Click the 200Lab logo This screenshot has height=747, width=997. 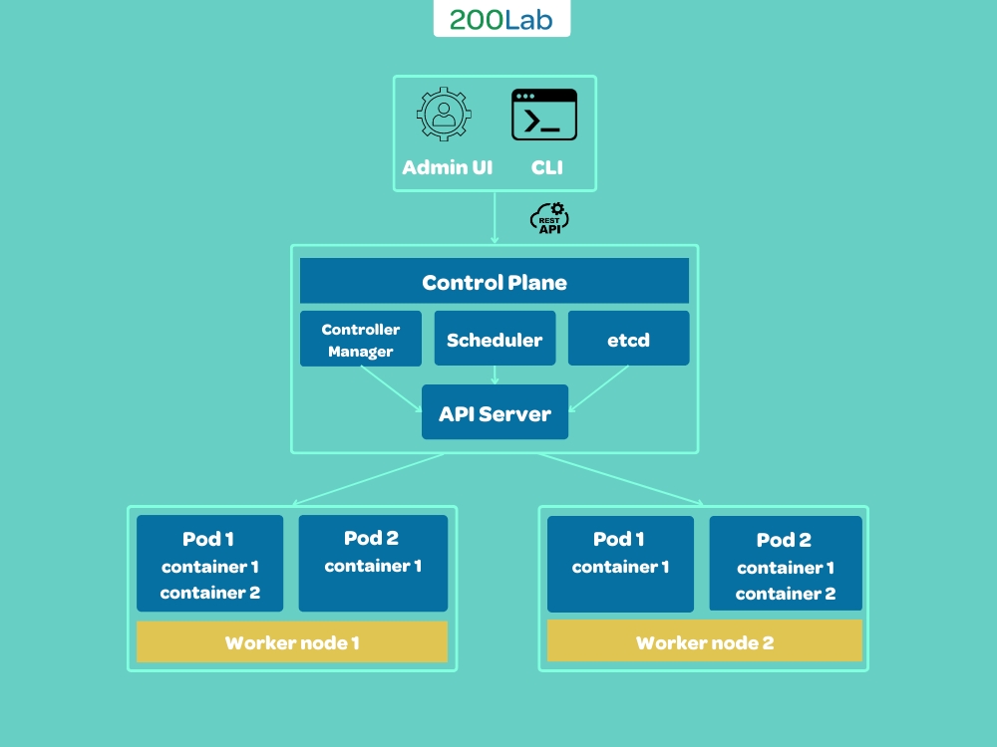[x=501, y=20]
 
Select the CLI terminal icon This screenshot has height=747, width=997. [x=544, y=116]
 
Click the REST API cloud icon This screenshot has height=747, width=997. [x=548, y=218]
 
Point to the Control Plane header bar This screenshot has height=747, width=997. [x=495, y=282]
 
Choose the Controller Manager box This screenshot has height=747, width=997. [x=361, y=340]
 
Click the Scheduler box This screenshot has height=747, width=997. [x=495, y=340]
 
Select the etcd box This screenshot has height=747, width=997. [x=628, y=340]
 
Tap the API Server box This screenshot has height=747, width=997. [x=495, y=412]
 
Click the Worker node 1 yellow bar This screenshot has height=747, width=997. [x=292, y=642]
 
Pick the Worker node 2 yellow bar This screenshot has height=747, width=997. [x=704, y=641]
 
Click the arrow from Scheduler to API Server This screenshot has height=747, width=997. [x=495, y=375]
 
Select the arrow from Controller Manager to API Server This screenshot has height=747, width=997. [x=391, y=388]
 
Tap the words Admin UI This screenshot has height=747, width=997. [x=447, y=168]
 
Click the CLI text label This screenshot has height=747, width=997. [x=546, y=168]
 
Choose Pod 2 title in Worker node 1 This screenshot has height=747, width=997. [x=371, y=538]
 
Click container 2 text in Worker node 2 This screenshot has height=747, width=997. [x=786, y=594]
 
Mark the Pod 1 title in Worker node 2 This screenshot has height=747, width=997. [x=619, y=539]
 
